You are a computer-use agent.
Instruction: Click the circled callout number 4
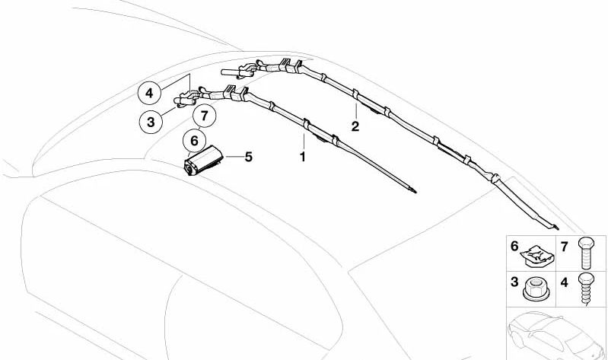coord(149,93)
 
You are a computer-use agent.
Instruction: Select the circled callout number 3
coord(151,123)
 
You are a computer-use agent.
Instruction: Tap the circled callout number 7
coord(205,115)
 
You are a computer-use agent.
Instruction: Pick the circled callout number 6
coord(194,141)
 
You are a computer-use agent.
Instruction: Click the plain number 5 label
coord(248,157)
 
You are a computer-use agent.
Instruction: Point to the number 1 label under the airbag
coord(302,157)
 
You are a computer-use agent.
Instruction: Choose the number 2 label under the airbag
coord(355,126)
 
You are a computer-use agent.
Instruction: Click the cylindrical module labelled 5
coord(203,160)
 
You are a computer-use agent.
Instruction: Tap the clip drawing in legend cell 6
coord(537,256)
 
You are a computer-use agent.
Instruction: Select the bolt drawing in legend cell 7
coord(586,253)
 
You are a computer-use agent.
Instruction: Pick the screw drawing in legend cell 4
coord(586,288)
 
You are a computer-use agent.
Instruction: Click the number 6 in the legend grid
coord(514,246)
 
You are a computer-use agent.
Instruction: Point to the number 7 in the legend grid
coord(564,247)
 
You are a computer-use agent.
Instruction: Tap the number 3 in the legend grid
coord(514,282)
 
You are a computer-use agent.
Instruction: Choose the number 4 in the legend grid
coord(564,282)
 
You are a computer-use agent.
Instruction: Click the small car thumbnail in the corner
coord(556,334)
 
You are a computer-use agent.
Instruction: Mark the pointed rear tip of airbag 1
coord(416,192)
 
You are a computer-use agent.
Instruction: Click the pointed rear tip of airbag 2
coord(559,229)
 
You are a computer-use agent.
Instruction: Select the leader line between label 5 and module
coord(234,157)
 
